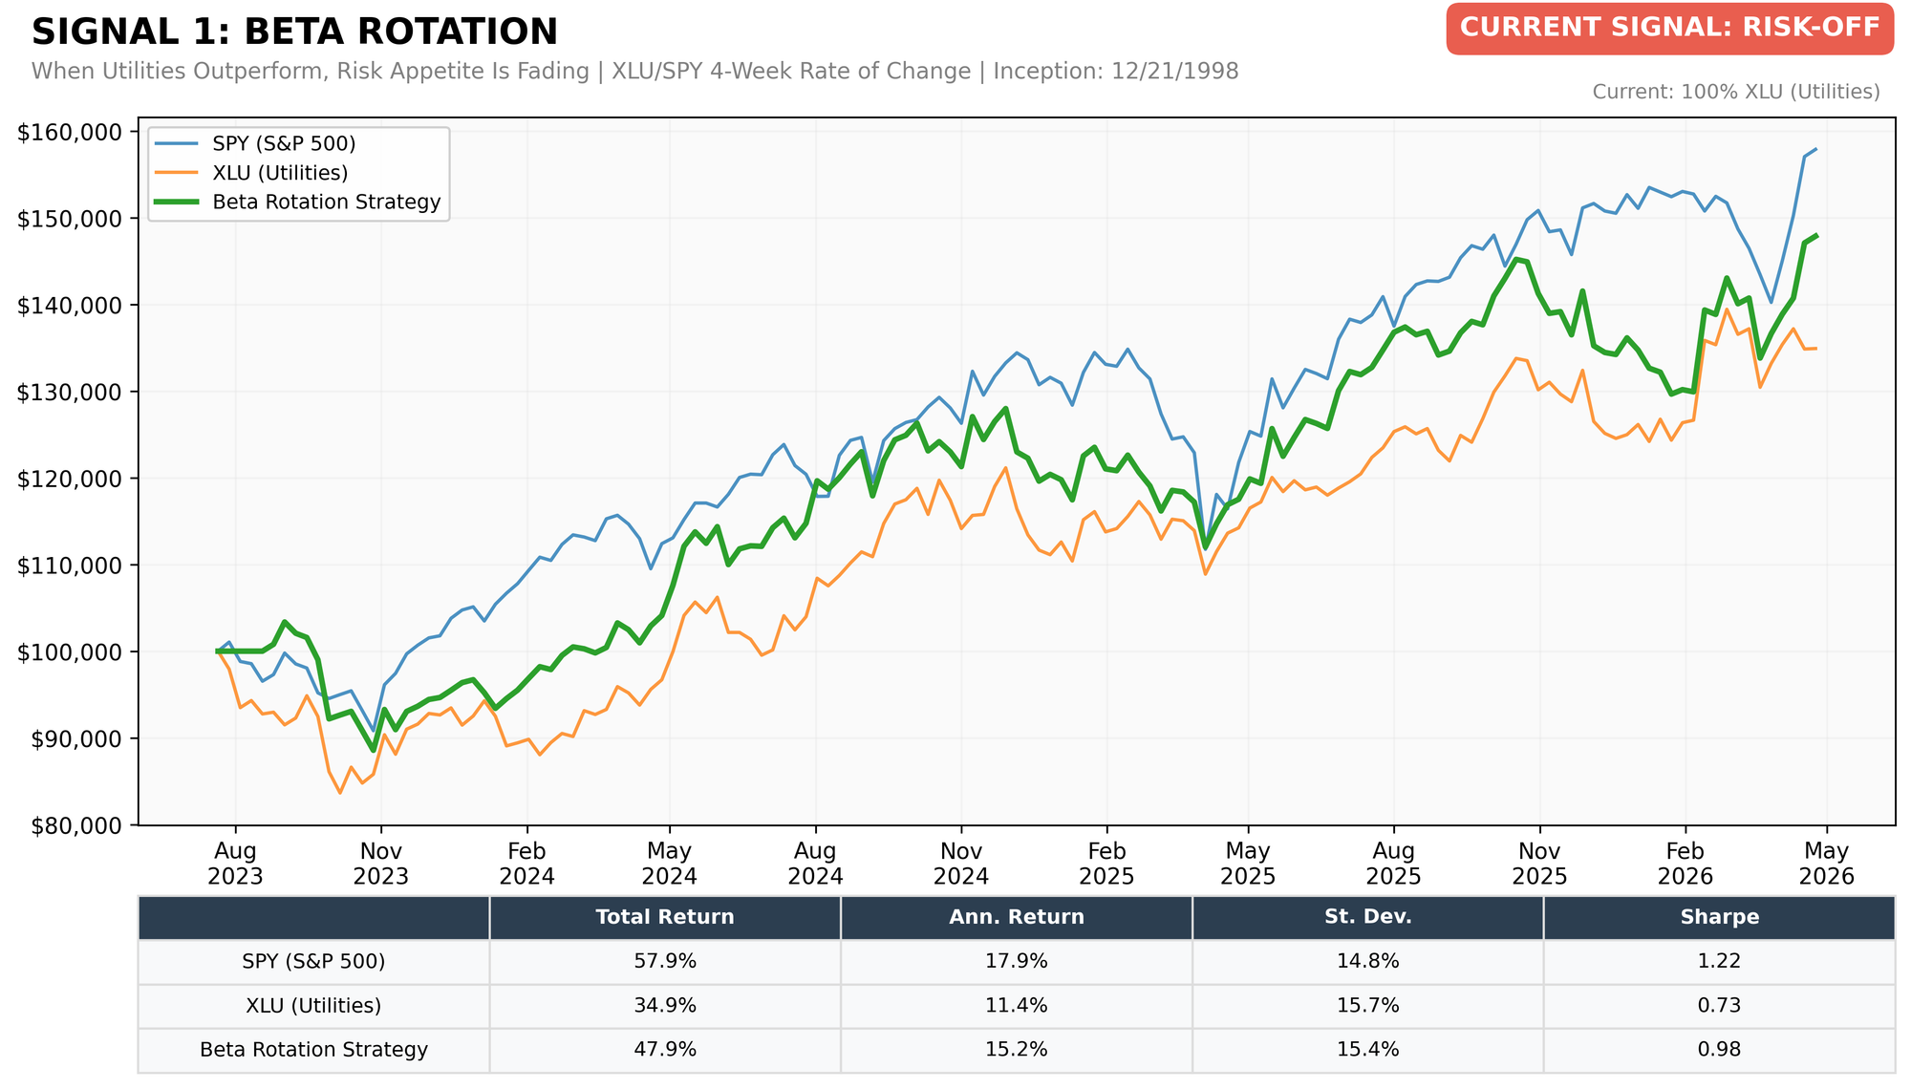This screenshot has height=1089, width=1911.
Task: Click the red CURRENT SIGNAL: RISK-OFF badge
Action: [x=1669, y=29]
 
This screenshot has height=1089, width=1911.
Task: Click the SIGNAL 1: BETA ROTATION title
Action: [x=294, y=32]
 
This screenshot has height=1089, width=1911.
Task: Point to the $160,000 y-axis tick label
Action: [x=70, y=132]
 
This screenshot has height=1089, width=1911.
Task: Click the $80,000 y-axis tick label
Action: [x=75, y=825]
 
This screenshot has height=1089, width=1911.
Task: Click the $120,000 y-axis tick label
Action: [x=70, y=479]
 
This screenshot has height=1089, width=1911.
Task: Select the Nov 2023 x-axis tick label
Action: [x=381, y=864]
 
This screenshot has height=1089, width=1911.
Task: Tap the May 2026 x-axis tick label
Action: [x=1827, y=864]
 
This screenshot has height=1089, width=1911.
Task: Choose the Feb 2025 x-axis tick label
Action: [x=1106, y=864]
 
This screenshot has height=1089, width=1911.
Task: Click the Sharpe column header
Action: [x=1720, y=918]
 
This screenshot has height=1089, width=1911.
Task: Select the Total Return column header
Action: [x=665, y=918]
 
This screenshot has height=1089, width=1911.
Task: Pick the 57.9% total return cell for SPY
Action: [x=665, y=962]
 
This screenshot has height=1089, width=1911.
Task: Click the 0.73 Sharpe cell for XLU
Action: [x=1720, y=1006]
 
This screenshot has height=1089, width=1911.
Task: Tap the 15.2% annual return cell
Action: [x=1017, y=1050]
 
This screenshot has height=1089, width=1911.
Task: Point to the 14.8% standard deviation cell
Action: [x=1368, y=962]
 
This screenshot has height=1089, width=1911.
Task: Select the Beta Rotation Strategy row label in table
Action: [x=314, y=1050]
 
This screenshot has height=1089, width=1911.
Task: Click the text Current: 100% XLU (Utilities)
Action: [x=1736, y=93]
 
